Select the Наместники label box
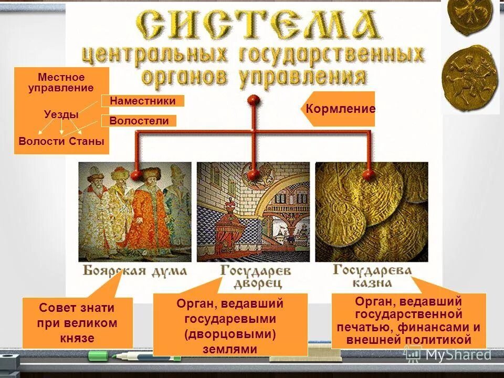[142, 100]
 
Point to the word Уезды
[61, 114]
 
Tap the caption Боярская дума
[134, 271]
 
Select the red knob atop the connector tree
[254, 99]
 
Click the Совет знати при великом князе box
[77, 323]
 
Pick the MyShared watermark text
[458, 355]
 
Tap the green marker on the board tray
[98, 355]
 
